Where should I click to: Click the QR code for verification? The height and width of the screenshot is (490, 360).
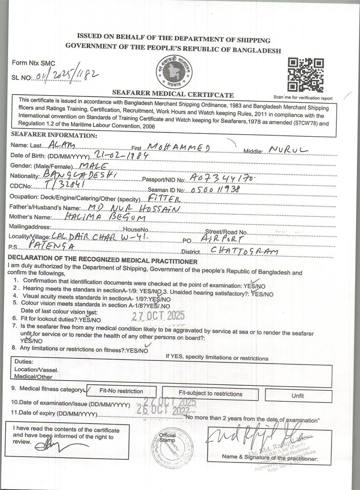point(306,75)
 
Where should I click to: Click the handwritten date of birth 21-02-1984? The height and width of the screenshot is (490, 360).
point(121,155)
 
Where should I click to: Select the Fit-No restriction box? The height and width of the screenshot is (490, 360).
point(121,391)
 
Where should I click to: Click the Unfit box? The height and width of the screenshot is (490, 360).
point(297,395)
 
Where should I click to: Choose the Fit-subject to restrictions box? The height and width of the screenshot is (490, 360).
point(210,394)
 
